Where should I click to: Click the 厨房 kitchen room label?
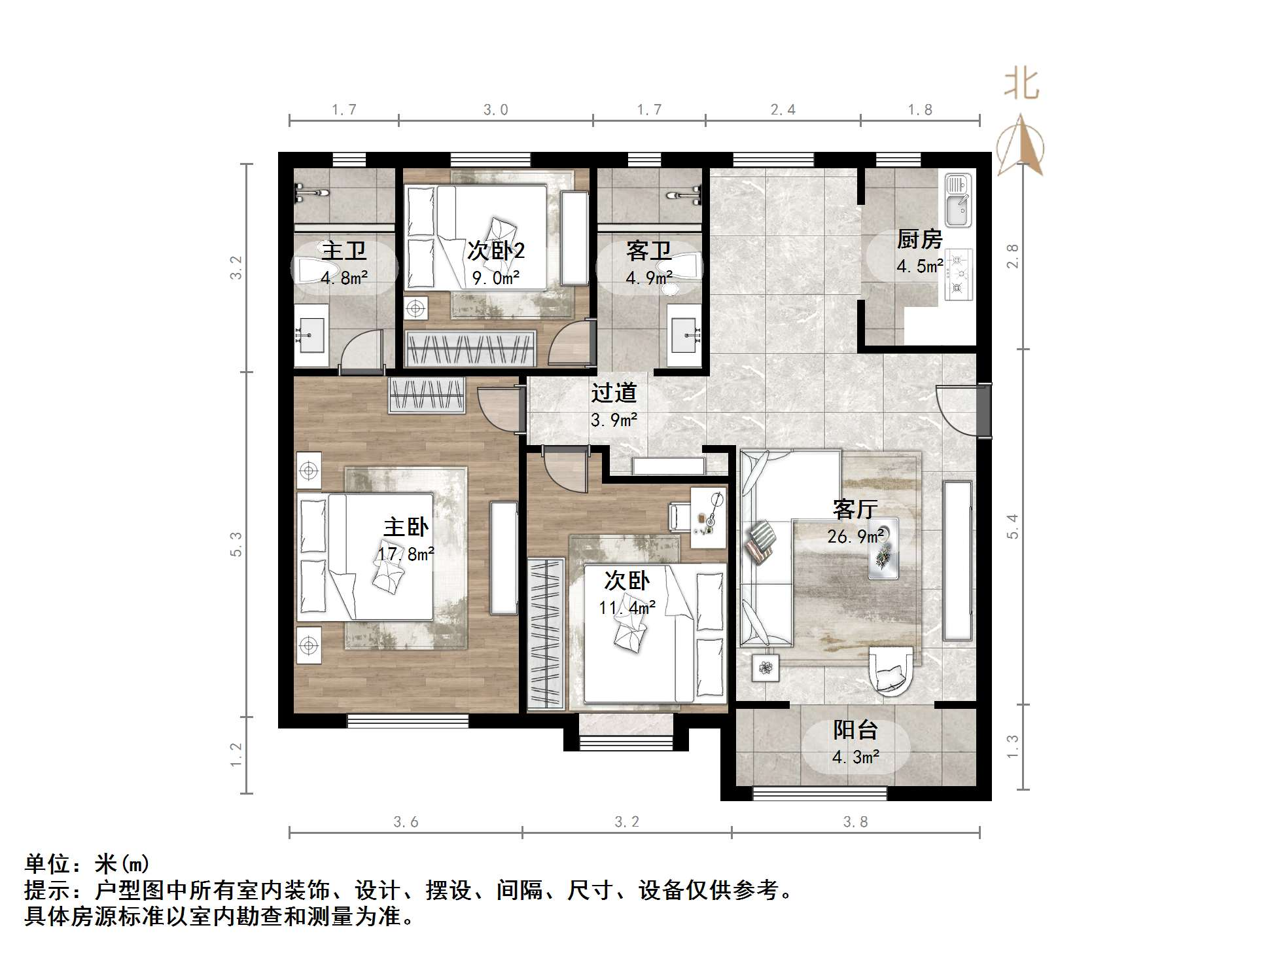coord(919,240)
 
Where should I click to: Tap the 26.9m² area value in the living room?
coord(855,537)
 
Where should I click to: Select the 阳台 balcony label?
coord(855,730)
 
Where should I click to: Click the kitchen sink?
coord(957,200)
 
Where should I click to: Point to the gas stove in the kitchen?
coord(959,275)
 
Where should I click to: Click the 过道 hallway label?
coord(614,393)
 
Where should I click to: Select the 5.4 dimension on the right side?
coord(1012,526)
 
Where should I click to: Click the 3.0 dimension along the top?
coord(495,110)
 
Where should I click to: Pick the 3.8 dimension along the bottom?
coord(855,822)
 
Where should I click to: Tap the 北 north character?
coord(1021,84)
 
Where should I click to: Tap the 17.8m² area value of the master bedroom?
coord(406,554)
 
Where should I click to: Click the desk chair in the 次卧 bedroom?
coord(678,515)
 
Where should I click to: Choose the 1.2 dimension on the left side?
coord(236,755)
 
